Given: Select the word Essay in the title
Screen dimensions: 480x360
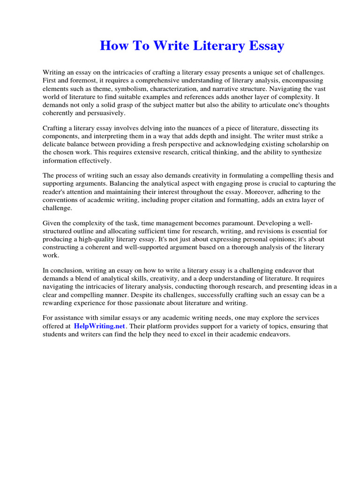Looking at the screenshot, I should [264, 46].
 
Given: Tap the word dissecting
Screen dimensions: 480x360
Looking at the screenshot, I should [294, 128].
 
